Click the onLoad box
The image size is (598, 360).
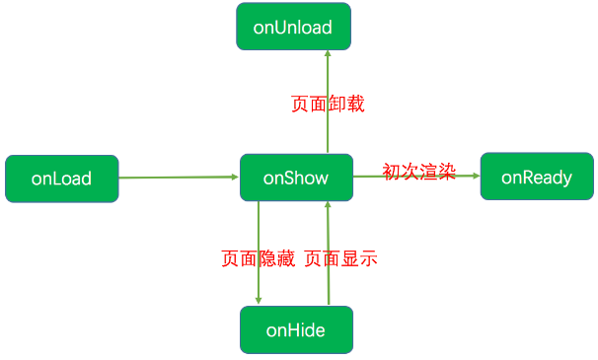61,179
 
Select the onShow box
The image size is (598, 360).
295,178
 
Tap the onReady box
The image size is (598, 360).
537,178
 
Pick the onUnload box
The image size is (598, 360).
293,27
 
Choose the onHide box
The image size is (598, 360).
295,329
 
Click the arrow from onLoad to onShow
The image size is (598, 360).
178,178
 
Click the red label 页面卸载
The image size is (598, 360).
328,104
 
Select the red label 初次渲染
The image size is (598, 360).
418,172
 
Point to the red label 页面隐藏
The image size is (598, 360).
258,259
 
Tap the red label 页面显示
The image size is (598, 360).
340,259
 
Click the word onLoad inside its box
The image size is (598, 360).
61,179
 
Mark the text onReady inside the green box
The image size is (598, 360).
537,178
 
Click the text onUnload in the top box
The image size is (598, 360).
293,27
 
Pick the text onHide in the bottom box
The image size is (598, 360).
295,329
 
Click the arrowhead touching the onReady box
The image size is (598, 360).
476,177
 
